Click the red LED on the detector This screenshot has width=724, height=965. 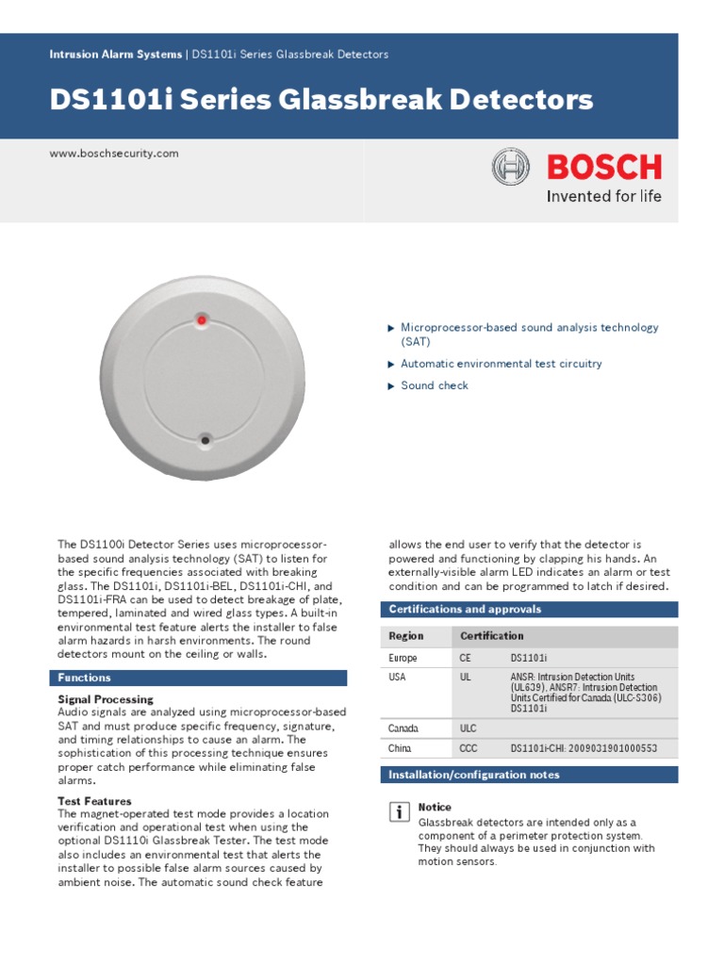[202, 321]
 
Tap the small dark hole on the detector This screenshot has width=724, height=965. [205, 439]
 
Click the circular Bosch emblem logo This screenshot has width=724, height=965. [512, 168]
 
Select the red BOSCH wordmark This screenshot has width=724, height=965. [604, 168]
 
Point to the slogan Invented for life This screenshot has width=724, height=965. [604, 197]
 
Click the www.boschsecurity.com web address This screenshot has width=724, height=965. [114, 154]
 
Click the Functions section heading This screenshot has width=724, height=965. [85, 678]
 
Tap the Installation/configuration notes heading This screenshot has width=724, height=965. [474, 775]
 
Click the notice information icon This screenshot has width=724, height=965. [400, 811]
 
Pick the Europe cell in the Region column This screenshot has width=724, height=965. [403, 658]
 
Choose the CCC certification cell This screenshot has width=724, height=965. [469, 748]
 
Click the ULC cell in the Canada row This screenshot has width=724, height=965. [469, 728]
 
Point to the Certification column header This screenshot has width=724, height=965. [491, 636]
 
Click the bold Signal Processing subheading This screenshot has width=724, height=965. [106, 699]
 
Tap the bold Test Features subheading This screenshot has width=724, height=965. [94, 801]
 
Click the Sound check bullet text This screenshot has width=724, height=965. [434, 385]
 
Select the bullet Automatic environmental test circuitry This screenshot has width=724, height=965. [501, 364]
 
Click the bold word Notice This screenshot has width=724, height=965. [435, 808]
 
